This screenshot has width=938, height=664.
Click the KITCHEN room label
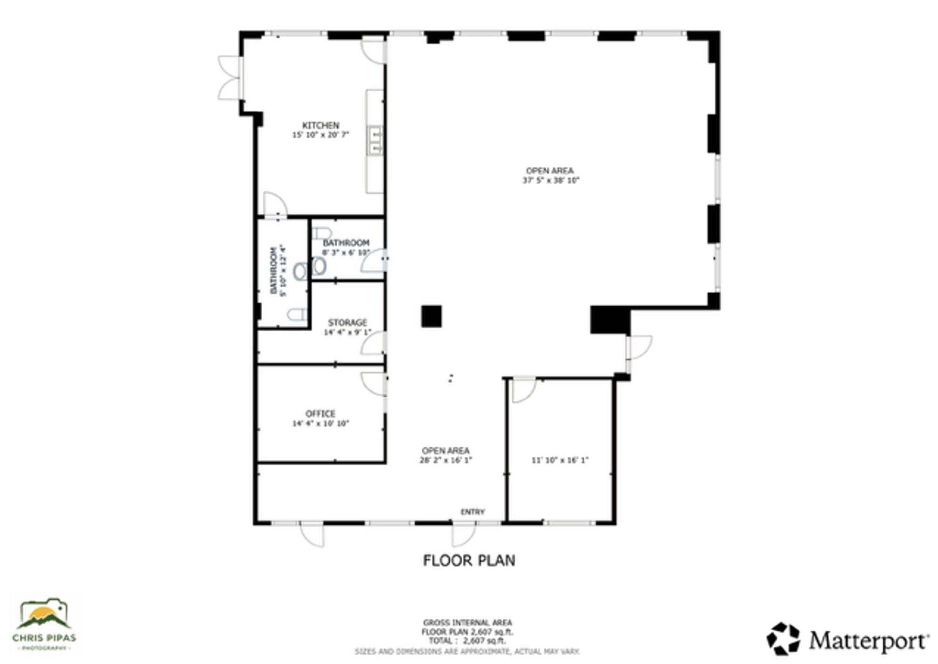[x=320, y=125]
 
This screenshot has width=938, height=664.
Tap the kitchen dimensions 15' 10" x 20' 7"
[x=320, y=135]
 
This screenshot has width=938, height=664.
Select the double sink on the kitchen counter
[x=375, y=140]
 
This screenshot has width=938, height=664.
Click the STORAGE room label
[x=347, y=322]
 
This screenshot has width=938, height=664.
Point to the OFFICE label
[x=320, y=414]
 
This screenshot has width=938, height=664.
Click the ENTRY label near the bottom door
[x=472, y=512]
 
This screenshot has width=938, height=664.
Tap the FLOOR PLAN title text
[x=469, y=560]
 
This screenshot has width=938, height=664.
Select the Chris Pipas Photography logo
[x=44, y=623]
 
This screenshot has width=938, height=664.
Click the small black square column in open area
[x=431, y=316]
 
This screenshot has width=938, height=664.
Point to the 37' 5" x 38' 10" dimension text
[x=550, y=180]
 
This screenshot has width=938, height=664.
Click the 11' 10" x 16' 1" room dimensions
[x=560, y=460]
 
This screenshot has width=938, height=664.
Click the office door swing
[x=374, y=383]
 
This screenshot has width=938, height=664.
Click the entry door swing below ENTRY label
[x=463, y=535]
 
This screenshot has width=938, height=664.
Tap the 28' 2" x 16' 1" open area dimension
[x=445, y=460]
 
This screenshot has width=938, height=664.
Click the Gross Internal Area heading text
[x=467, y=622]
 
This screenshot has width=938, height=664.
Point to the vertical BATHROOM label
[x=273, y=271]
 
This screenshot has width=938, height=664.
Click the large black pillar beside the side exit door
[x=610, y=320]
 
